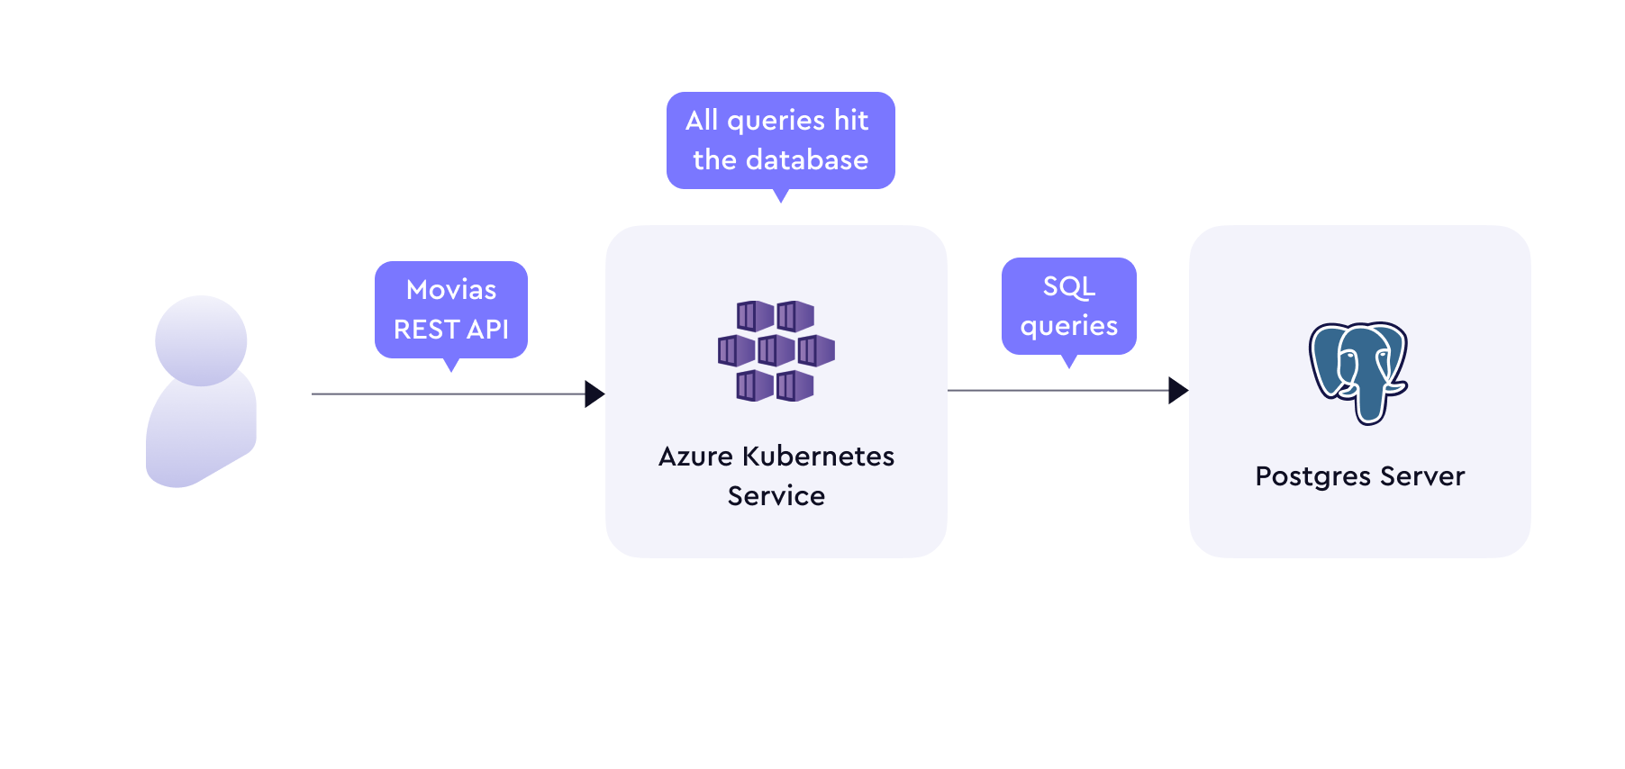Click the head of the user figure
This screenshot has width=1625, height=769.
click(201, 340)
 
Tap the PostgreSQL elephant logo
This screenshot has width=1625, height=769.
click(1358, 373)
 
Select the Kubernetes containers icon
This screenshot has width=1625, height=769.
click(776, 351)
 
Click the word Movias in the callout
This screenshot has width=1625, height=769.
click(451, 290)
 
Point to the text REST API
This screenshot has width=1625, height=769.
click(451, 330)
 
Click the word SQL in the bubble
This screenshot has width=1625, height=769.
click(1069, 287)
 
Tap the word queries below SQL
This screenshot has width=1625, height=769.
click(1069, 327)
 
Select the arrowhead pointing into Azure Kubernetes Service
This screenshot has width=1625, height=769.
click(595, 394)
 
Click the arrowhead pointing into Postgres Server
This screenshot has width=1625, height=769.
click(1178, 390)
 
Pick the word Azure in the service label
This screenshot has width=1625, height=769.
click(695, 457)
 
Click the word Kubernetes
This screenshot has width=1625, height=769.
click(819, 457)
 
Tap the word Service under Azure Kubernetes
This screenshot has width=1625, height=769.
click(776, 496)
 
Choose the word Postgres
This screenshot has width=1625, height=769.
click(1313, 476)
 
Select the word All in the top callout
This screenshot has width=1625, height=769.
click(702, 121)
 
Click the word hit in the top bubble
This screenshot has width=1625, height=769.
click(851, 121)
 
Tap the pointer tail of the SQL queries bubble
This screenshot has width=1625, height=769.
click(1069, 361)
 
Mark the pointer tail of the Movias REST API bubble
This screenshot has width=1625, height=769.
click(451, 365)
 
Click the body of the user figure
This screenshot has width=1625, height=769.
click(201, 430)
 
